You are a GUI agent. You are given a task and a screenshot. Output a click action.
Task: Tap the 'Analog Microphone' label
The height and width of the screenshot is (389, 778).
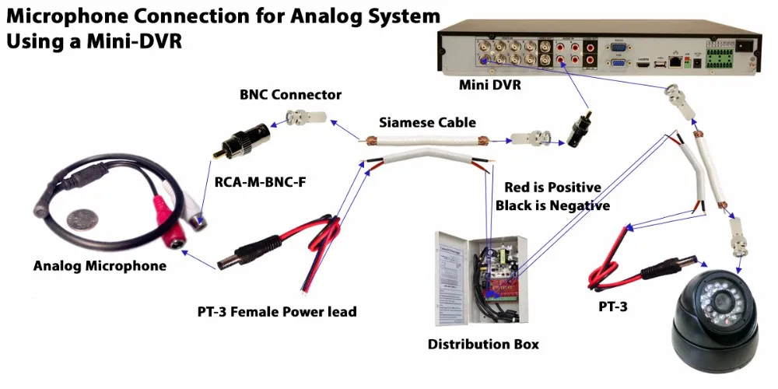(100, 266)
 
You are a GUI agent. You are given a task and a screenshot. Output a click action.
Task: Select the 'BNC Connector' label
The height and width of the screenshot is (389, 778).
(290, 95)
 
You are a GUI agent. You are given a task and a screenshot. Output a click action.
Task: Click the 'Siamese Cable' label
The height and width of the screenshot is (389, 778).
(427, 123)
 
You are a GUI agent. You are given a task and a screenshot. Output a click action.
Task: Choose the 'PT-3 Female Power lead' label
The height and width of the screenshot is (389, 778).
(277, 312)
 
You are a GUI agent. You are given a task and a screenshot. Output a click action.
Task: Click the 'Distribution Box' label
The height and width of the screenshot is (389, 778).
(483, 344)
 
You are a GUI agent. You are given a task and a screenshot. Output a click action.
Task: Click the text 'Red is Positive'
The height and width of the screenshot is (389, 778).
(552, 187)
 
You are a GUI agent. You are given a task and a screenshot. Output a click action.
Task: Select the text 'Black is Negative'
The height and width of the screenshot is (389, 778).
(552, 205)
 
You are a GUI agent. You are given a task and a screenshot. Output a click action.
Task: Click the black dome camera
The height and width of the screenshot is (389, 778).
(715, 319)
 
